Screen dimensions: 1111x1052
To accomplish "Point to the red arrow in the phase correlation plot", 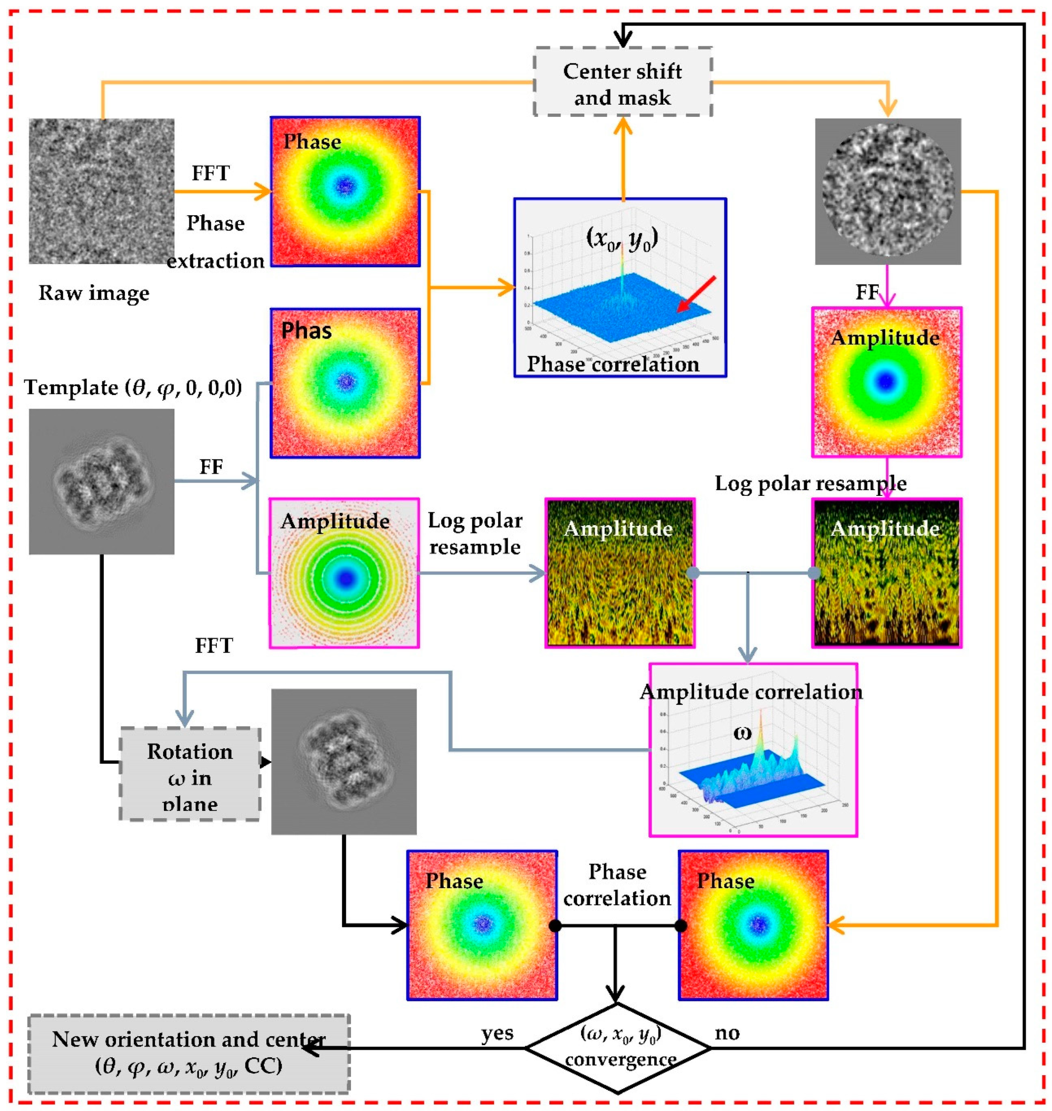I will [696, 294].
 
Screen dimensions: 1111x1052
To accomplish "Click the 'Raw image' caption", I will [94, 293].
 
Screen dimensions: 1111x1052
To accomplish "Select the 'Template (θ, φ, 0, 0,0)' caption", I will [133, 387].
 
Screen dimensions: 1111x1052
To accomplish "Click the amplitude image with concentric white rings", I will [344, 573].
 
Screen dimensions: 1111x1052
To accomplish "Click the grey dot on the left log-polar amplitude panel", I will [693, 573].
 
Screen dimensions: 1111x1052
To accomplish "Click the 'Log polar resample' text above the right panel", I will [810, 484].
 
